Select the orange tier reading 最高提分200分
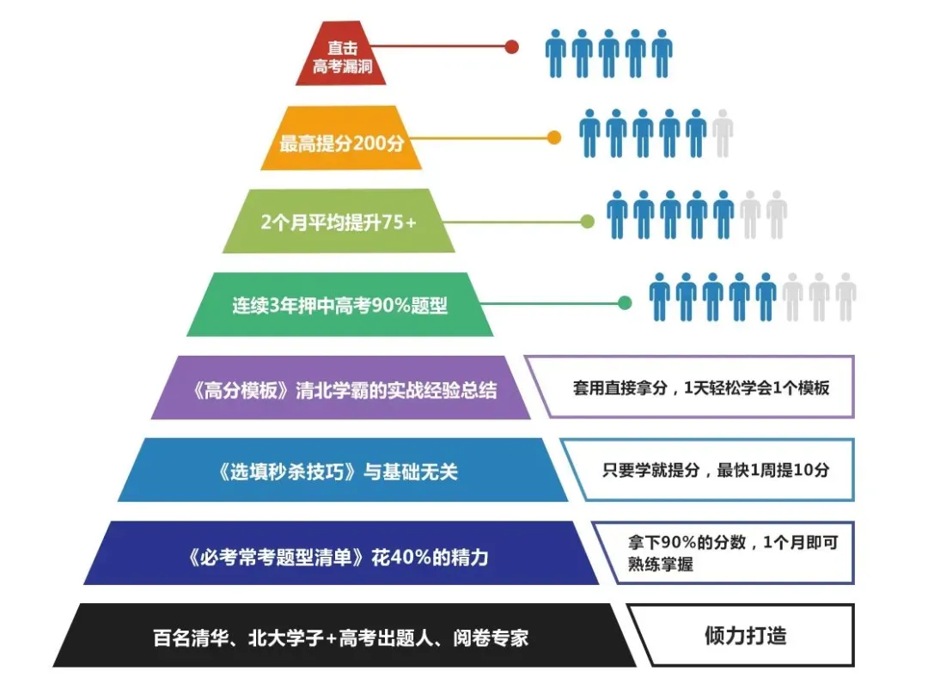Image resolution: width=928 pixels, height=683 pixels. point(341,138)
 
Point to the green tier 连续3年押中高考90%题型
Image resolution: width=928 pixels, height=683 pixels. point(340,304)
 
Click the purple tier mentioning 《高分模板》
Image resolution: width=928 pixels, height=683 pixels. point(340,387)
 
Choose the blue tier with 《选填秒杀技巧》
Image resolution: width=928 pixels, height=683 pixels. point(342,471)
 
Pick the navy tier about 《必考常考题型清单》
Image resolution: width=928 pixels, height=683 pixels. point(341,554)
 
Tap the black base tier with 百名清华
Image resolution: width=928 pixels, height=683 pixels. point(341,637)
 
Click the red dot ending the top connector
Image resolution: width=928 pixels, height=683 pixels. point(512,47)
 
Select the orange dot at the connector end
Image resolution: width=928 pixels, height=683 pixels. point(554,137)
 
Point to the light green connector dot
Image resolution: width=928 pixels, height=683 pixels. point(588,222)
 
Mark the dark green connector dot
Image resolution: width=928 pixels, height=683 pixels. point(626,302)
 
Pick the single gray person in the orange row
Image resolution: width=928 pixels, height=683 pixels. point(723,134)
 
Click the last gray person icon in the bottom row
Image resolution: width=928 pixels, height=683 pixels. point(846,297)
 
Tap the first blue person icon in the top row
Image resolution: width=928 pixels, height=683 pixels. point(556,53)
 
